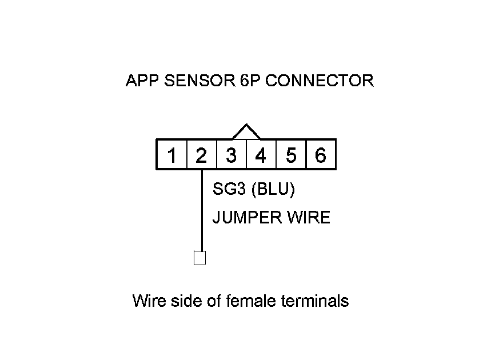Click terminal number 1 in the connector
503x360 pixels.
171,155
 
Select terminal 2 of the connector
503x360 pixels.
201,155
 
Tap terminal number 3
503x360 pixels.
231,155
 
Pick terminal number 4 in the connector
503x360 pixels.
261,155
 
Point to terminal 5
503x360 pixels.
291,155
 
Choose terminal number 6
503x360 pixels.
321,155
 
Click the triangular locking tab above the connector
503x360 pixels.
246,132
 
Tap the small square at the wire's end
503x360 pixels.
200,258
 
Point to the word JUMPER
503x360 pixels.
244,218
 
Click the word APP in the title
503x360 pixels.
142,81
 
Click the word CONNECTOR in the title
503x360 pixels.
320,81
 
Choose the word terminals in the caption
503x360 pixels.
315,301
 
